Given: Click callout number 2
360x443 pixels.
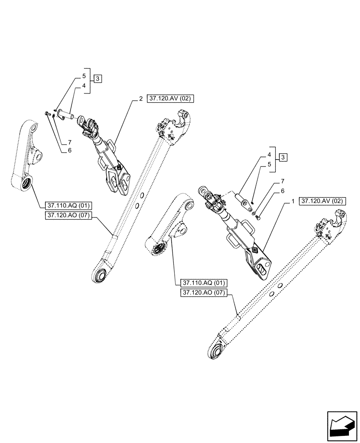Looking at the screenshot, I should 141,99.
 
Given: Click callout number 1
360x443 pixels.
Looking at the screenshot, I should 293,202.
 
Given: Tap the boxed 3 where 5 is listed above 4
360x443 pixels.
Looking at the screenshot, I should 98,79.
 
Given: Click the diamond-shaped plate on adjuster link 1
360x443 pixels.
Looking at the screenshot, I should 256,251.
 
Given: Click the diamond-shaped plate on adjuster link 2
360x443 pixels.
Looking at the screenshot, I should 119,167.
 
